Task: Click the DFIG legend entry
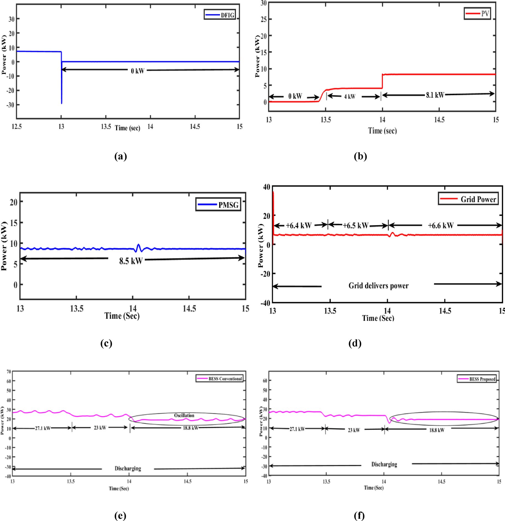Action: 220,15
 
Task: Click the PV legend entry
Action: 477,14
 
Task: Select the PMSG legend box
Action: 218,205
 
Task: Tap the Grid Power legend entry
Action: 468,199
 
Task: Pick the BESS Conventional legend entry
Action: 220,379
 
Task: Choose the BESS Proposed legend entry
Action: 476,379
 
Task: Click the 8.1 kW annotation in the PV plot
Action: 435,95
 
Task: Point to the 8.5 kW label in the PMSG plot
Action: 130,261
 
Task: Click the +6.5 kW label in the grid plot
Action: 356,225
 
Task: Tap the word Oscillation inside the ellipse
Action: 184,415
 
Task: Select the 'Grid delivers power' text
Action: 378,286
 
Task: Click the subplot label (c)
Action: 106,343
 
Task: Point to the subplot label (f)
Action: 359,515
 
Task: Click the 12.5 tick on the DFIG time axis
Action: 17,127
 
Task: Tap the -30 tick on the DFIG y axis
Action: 10,105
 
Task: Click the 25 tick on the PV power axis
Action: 263,19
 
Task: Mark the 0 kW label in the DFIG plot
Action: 137,71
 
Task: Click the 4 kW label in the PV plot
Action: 350,97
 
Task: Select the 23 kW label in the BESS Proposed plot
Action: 354,430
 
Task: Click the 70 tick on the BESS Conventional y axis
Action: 9,372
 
